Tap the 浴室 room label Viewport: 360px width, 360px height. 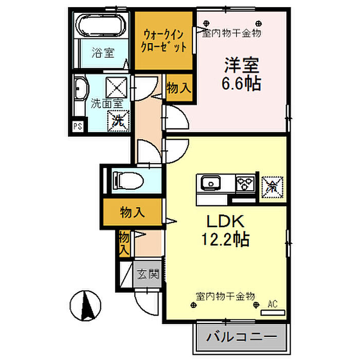coord(102,52)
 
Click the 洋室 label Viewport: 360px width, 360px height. coord(241,65)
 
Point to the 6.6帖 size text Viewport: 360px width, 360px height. coord(241,83)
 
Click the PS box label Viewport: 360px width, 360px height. coord(78,126)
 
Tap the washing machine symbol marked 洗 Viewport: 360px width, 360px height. coord(118,122)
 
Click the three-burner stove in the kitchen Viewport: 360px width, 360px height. coord(245,183)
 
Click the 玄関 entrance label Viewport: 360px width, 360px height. coord(148,274)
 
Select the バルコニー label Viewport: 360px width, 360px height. coord(239,337)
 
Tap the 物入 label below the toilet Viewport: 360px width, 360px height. coord(132,211)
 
